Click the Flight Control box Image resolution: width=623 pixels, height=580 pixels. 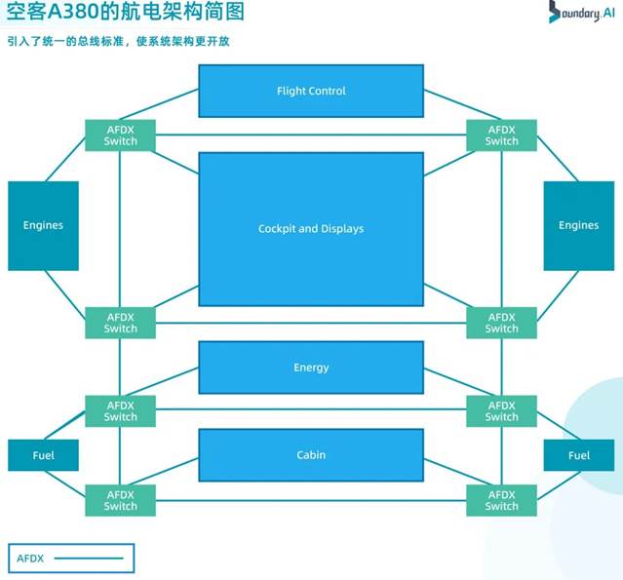pyautogui.click(x=311, y=91)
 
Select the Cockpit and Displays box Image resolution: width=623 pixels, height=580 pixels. pyautogui.click(x=311, y=229)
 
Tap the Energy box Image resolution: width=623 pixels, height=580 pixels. pyautogui.click(x=311, y=367)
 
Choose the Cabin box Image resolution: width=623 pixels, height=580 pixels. pyautogui.click(x=311, y=455)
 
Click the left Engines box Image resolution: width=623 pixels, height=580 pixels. pyautogui.click(x=43, y=225)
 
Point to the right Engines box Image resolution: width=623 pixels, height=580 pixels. pyautogui.click(x=578, y=225)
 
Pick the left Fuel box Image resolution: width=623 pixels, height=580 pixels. pyautogui.click(x=43, y=455)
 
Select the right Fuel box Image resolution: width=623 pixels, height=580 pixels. pyautogui.click(x=579, y=455)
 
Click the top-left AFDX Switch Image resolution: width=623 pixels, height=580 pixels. pyautogui.click(x=121, y=135)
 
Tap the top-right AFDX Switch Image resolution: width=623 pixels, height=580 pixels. pyautogui.click(x=502, y=135)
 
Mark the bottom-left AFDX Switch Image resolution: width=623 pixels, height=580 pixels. pyautogui.click(x=121, y=500)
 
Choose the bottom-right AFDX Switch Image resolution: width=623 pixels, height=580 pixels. pyautogui.click(x=502, y=500)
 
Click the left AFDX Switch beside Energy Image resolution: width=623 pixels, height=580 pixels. pyautogui.click(x=121, y=410)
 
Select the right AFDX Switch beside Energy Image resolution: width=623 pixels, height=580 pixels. pyautogui.click(x=502, y=410)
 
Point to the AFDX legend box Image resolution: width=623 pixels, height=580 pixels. pyautogui.click(x=71, y=559)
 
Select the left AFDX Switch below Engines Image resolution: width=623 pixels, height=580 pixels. pyautogui.click(x=121, y=323)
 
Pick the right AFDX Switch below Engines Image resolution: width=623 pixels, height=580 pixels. pyautogui.click(x=502, y=323)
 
